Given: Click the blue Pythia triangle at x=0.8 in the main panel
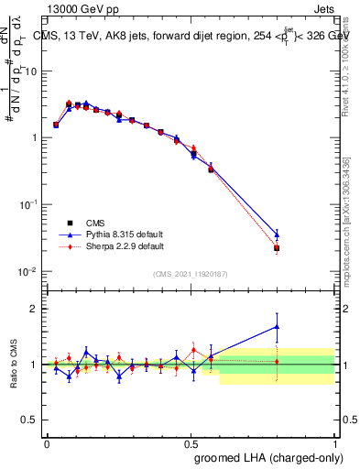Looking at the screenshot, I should pyautogui.click(x=277, y=234).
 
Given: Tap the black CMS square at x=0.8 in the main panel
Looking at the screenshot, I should pyautogui.click(x=277, y=248).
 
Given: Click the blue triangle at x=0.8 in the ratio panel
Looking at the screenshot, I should pyautogui.click(x=277, y=326).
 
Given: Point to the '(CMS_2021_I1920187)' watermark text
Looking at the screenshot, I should pyautogui.click(x=191, y=273).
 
